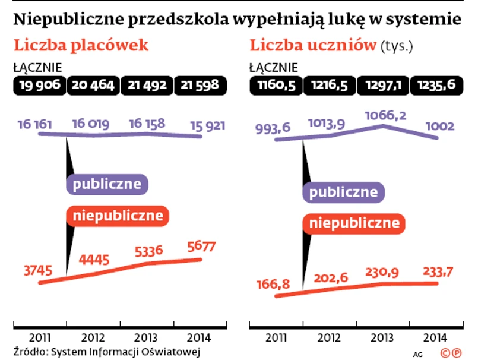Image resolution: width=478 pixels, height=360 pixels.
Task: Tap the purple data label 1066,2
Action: click(385, 115)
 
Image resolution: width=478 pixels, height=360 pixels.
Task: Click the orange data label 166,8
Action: click(274, 285)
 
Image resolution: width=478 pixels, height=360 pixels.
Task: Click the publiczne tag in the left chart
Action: click(107, 184)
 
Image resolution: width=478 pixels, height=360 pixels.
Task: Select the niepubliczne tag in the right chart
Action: click(354, 223)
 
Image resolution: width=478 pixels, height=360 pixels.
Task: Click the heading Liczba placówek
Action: click(81, 46)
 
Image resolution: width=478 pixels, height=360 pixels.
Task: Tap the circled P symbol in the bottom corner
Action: click(457, 353)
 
